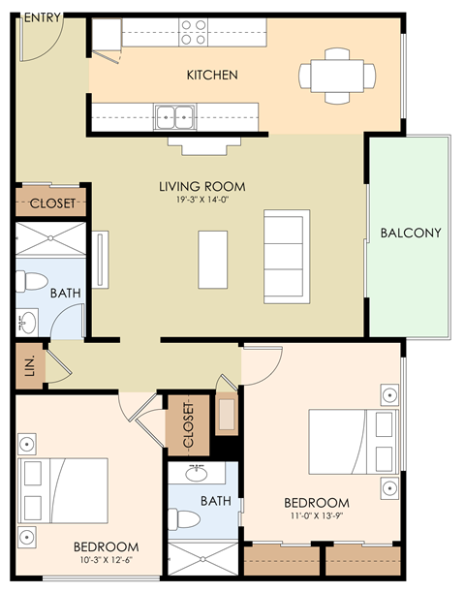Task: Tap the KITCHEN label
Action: pyautogui.click(x=212, y=75)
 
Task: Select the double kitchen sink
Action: pyautogui.click(x=175, y=116)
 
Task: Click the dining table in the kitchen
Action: pyautogui.click(x=337, y=75)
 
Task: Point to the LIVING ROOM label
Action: pyautogui.click(x=202, y=186)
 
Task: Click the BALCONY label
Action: pyautogui.click(x=411, y=233)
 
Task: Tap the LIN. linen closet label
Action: pyautogui.click(x=29, y=365)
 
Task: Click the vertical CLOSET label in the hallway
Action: pyautogui.click(x=188, y=421)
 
